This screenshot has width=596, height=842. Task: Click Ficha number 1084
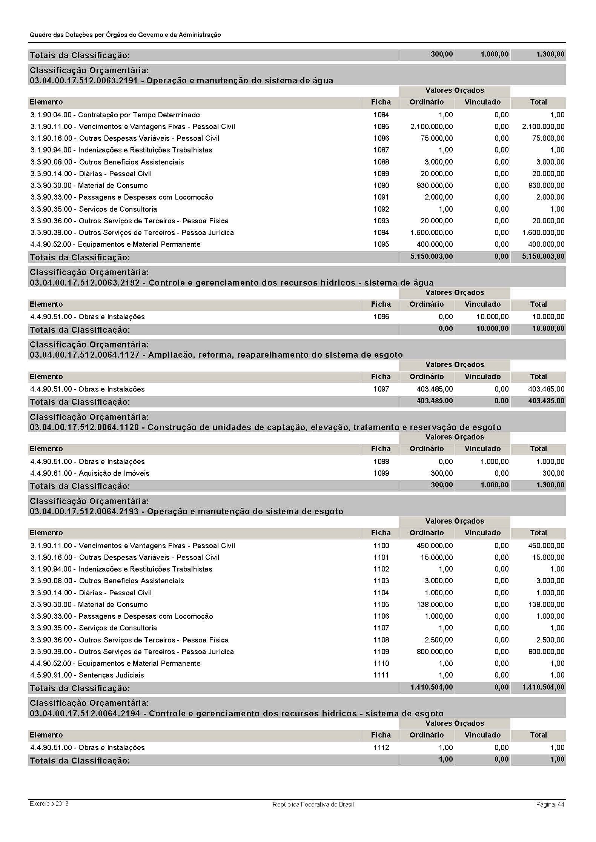click(x=381, y=115)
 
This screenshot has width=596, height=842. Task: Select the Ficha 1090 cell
click(x=381, y=186)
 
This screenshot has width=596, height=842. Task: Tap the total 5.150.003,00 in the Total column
click(x=543, y=257)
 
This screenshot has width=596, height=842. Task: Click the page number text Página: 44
click(x=550, y=804)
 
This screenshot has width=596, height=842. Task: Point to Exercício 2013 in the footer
click(x=49, y=804)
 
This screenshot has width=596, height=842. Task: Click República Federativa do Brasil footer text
click(x=313, y=805)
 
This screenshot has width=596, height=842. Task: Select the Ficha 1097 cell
click(x=381, y=389)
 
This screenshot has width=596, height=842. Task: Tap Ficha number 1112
click(x=381, y=748)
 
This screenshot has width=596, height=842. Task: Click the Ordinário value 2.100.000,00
click(x=432, y=127)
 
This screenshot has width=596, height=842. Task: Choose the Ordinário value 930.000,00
click(x=436, y=186)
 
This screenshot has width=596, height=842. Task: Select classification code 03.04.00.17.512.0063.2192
click(x=84, y=283)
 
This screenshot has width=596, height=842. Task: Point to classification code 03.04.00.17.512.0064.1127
click(x=84, y=355)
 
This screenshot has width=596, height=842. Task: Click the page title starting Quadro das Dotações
click(x=125, y=35)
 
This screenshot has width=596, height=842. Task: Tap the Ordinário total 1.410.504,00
click(x=432, y=687)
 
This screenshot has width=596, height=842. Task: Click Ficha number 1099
click(x=381, y=473)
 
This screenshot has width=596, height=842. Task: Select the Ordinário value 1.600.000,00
click(x=432, y=233)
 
